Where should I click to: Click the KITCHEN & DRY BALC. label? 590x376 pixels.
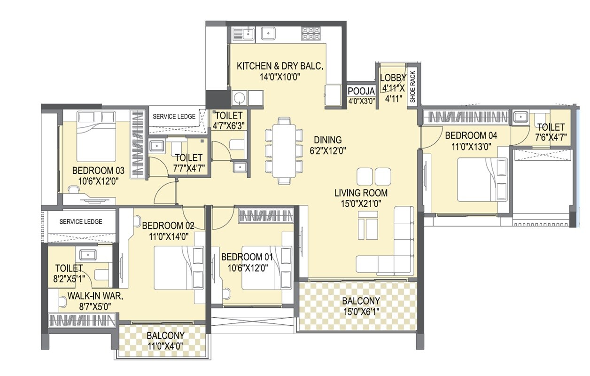click(280, 66)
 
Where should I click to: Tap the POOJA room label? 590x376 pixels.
click(361, 91)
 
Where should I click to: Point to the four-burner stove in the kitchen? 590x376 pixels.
click(311, 33)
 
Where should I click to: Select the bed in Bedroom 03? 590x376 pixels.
click(96, 136)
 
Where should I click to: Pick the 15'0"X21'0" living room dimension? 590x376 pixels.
click(361, 203)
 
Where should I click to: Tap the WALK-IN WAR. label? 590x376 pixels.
click(95, 296)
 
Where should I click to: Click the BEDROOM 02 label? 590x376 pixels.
click(168, 226)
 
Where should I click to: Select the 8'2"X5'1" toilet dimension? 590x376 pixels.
click(69, 278)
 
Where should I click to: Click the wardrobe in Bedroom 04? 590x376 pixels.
click(465, 117)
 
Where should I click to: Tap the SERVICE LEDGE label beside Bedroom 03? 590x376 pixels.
click(174, 117)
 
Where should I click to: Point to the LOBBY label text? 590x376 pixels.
click(393, 78)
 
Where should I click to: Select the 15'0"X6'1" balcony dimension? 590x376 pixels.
click(361, 311)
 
